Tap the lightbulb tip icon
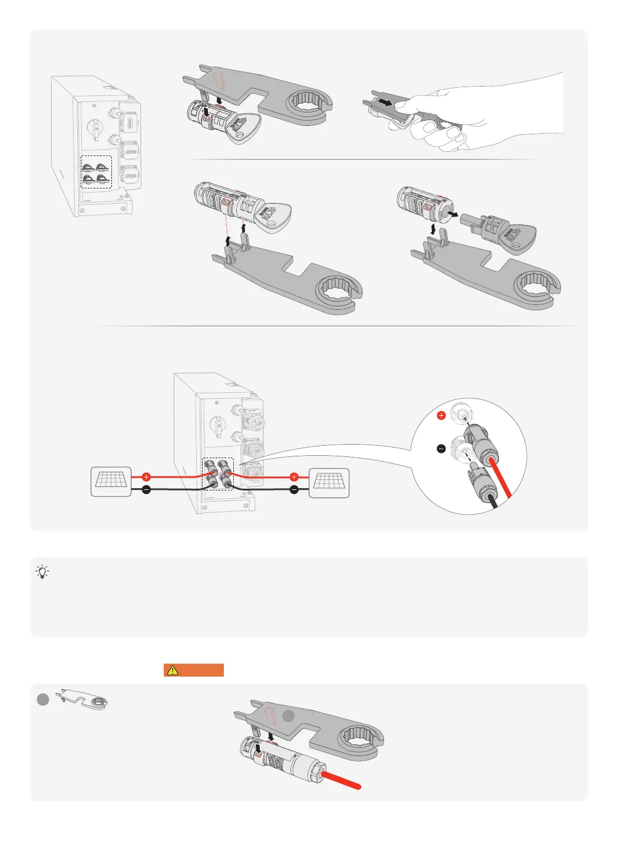pos(42,571)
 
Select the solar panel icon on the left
pos(111,481)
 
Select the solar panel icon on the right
pos(329,482)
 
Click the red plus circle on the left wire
pos(147,476)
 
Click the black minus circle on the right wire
pos(295,490)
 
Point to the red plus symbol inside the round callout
pos(441,416)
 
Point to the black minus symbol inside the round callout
pos(441,449)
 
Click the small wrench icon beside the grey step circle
pos(82,700)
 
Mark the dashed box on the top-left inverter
pos(96,172)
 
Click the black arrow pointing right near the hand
pos(385,102)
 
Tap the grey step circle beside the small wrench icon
pos(42,700)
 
